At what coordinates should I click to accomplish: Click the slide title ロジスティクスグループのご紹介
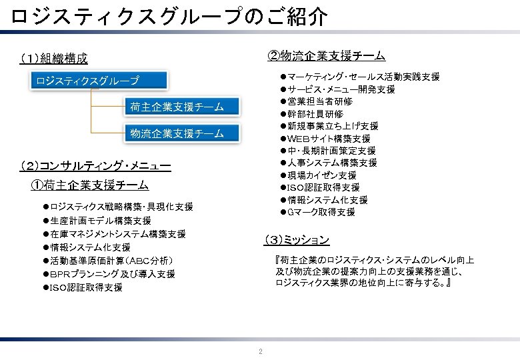tap(169, 17)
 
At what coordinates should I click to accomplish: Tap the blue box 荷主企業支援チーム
tap(176, 107)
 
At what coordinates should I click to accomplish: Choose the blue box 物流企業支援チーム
tap(176, 134)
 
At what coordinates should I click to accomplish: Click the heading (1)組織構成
tap(54, 59)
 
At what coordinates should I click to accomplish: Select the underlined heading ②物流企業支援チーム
tap(326, 55)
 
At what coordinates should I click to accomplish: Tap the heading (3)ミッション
tap(296, 239)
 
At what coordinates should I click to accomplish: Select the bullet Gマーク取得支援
tap(321, 212)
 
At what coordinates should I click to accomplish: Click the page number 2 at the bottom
tap(260, 351)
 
